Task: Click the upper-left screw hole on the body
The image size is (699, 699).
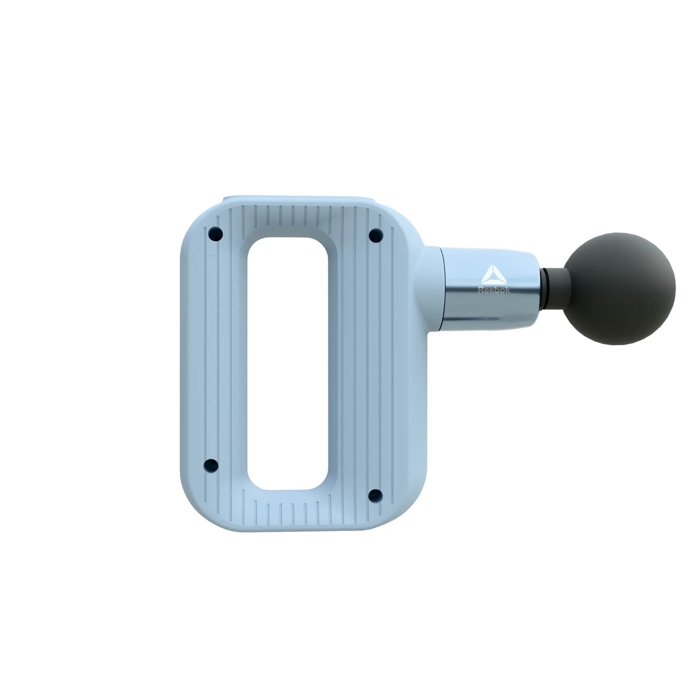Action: [x=215, y=234]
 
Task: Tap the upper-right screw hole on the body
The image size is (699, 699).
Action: [x=376, y=235]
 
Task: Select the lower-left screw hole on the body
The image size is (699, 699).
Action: [x=211, y=465]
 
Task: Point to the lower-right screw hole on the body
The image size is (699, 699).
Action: [x=375, y=495]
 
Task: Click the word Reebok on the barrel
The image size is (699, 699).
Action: [x=494, y=290]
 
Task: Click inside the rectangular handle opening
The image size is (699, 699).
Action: [x=288, y=363]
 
